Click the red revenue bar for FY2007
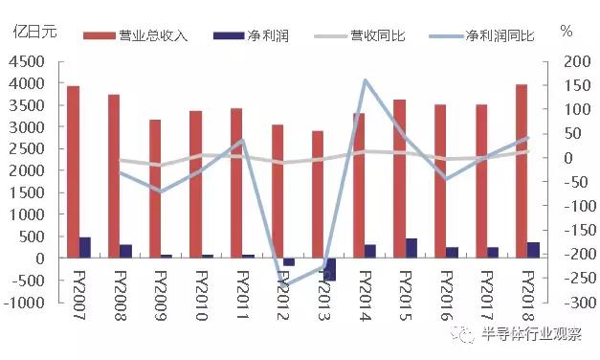tap(73, 172)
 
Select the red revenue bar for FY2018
tap(521, 171)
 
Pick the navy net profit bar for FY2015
tap(411, 248)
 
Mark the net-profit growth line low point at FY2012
tap(284, 285)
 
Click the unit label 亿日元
tap(33, 30)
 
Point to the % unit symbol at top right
tap(566, 31)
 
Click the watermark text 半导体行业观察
tap(531, 334)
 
